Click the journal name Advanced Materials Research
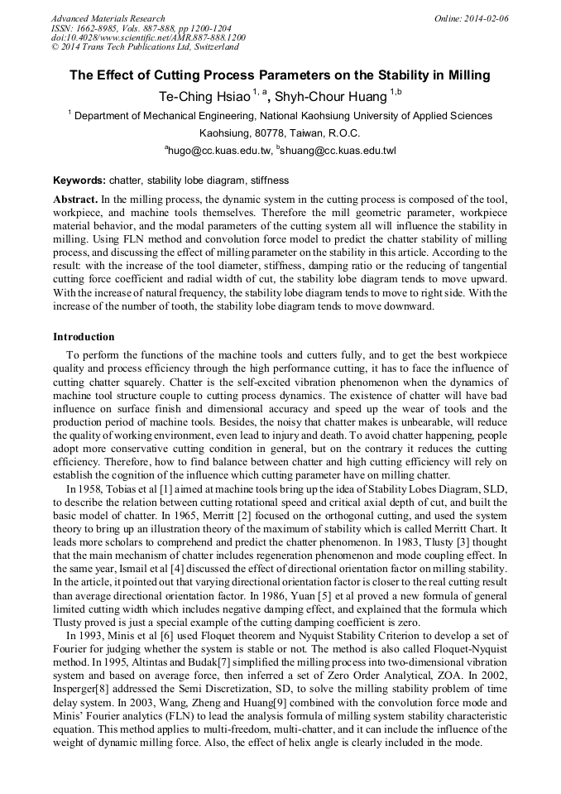point(108,18)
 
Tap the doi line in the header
point(148,37)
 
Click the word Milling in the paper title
point(468,75)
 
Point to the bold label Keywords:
point(79,180)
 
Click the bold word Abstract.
point(75,200)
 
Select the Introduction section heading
point(84,337)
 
